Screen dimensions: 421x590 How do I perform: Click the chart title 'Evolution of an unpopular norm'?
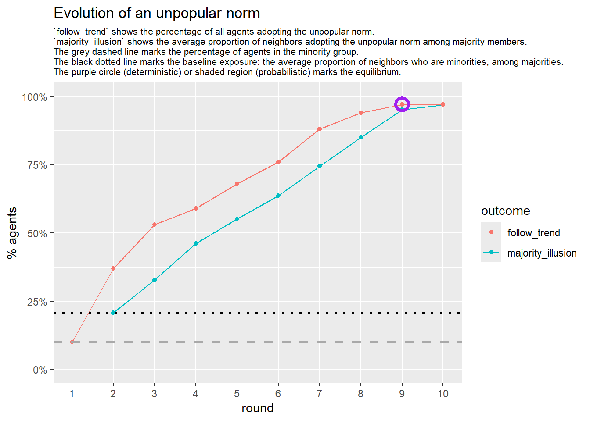(157, 13)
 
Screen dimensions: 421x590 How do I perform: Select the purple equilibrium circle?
(402, 104)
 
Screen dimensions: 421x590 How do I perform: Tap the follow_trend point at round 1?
(72, 342)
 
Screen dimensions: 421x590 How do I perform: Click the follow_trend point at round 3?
(155, 225)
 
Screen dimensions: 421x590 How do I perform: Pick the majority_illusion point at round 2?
(113, 313)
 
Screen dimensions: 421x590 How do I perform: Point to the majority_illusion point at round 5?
(237, 219)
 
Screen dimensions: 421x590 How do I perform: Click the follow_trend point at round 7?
(320, 129)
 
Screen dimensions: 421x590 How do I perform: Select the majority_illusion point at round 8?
(361, 137)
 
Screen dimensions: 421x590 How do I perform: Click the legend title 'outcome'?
(505, 211)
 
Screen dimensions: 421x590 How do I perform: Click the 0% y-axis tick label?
(40, 370)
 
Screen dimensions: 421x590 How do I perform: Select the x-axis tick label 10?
(443, 394)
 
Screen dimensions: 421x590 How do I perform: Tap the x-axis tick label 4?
(196, 394)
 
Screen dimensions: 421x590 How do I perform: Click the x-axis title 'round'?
(257, 408)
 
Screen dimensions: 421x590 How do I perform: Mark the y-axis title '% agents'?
(12, 233)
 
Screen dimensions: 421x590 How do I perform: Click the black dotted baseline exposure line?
(263, 313)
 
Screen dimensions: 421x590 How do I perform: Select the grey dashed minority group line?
(263, 342)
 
